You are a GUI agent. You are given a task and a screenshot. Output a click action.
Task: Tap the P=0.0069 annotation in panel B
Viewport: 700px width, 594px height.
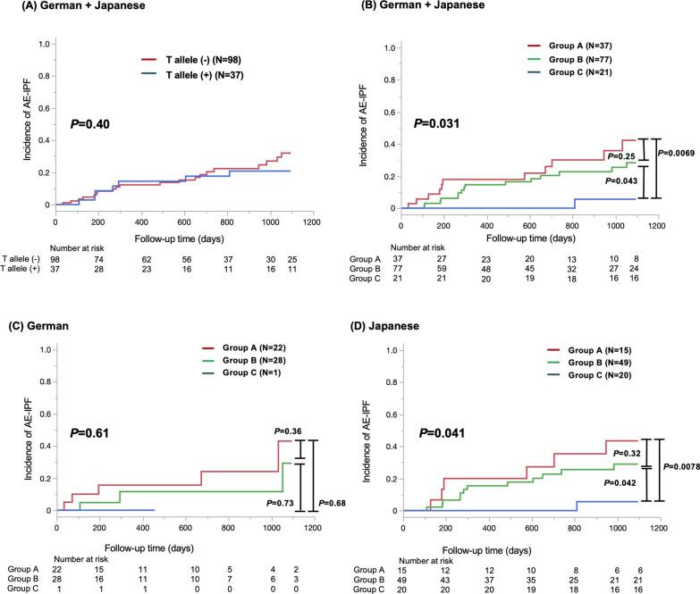[678, 152]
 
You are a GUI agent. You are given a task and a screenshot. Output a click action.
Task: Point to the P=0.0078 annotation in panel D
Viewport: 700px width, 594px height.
[679, 466]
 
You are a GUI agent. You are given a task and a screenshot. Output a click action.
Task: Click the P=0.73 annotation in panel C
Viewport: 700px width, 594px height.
[283, 503]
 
